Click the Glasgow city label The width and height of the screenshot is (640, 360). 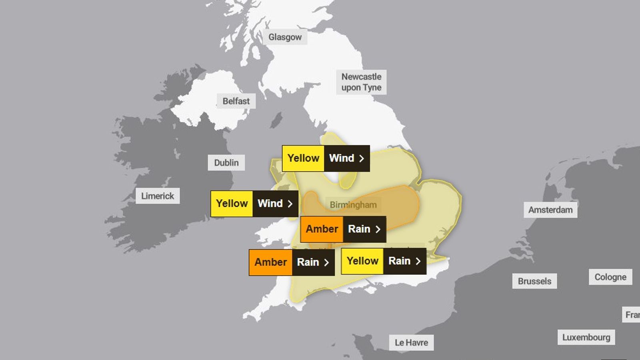click(285, 37)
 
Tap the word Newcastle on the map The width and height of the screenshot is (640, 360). click(361, 76)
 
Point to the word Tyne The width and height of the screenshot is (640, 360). click(372, 88)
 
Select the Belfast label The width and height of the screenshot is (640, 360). click(236, 101)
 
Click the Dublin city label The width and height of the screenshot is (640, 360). click(226, 163)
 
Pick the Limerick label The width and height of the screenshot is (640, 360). click(158, 196)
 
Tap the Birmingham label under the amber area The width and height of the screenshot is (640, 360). click(353, 205)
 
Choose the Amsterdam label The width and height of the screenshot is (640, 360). click(550, 210)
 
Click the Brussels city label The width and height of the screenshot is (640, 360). click(534, 281)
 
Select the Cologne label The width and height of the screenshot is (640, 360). click(610, 277)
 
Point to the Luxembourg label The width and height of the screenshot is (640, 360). click(586, 338)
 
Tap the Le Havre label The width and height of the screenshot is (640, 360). click(411, 343)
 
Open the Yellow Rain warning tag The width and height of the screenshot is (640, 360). click(383, 261)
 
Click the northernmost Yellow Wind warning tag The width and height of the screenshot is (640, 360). click(326, 158)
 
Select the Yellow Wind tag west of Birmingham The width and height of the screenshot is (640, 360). click(254, 204)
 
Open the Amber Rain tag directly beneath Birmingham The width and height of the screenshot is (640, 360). click(343, 229)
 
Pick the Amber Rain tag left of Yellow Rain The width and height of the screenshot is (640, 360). click(291, 262)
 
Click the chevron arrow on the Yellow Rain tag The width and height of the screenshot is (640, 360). click(418, 261)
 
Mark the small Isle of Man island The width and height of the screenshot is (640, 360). click(276, 120)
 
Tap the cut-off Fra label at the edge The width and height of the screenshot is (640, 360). click(632, 315)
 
